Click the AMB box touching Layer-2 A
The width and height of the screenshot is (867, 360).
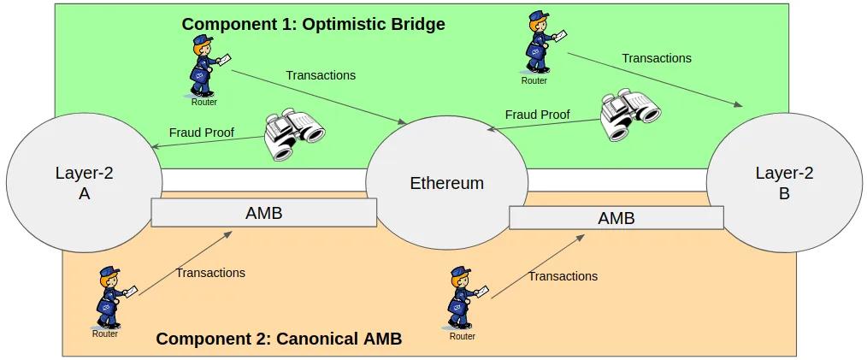[263, 213]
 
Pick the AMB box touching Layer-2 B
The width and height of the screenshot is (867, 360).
[616, 218]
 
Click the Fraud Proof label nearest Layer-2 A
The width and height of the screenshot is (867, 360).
[201, 133]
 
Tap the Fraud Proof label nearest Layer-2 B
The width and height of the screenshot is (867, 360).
[537, 114]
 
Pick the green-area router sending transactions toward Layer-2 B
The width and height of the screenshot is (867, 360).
[538, 50]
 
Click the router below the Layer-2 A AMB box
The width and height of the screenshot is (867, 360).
[108, 298]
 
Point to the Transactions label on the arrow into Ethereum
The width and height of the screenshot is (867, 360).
[321, 75]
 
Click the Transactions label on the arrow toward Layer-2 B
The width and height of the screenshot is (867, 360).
[656, 58]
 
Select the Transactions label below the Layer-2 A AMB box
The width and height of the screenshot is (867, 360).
[210, 273]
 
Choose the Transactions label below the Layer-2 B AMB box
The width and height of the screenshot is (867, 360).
[563, 276]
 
